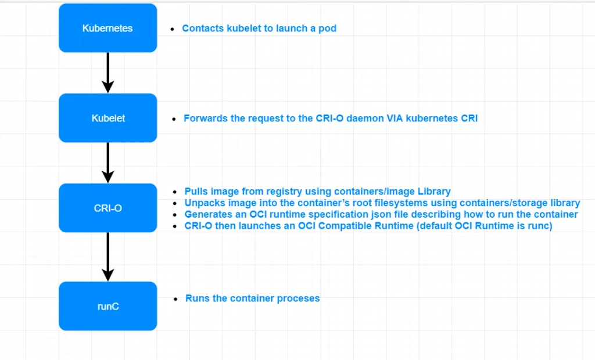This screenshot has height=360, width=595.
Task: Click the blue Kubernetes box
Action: pos(107,28)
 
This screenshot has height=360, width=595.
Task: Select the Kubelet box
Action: pos(107,118)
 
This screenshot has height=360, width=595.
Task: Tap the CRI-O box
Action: pos(107,208)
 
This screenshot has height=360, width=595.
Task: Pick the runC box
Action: pos(107,306)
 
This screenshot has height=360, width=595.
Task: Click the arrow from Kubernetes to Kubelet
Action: pos(107,73)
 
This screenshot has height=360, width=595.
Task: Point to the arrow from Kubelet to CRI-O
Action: pos(107,163)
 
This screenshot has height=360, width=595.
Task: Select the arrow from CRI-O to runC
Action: pos(107,257)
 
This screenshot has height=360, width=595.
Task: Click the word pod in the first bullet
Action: pos(328,28)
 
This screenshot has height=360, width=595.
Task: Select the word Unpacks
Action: pos(205,203)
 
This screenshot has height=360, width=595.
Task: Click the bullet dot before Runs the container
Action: pos(175,299)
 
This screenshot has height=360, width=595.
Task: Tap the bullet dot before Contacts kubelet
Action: pos(172,29)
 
